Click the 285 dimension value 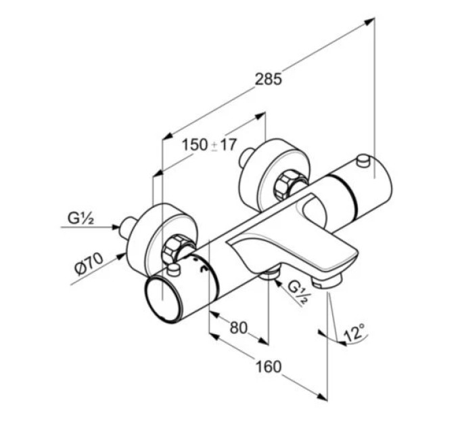click(x=268, y=79)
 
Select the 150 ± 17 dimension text click(x=209, y=144)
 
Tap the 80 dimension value click(x=239, y=327)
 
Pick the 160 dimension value click(x=269, y=367)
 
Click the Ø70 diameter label click(x=89, y=264)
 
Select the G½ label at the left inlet click(x=80, y=218)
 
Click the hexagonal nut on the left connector click(x=175, y=248)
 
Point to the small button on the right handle click(x=363, y=161)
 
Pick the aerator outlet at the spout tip click(x=327, y=283)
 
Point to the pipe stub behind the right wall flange click(x=246, y=158)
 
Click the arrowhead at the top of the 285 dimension click(x=369, y=21)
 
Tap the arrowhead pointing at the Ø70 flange click(x=120, y=257)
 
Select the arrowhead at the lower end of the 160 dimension click(x=322, y=396)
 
